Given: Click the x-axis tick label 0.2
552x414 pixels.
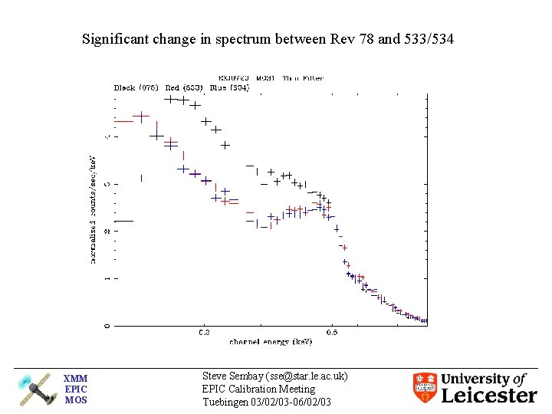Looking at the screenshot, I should (x=204, y=332).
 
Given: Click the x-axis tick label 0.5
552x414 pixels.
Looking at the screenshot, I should (x=331, y=332).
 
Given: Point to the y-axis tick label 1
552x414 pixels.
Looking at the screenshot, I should (x=107, y=278).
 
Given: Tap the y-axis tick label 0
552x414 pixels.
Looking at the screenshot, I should (x=107, y=325).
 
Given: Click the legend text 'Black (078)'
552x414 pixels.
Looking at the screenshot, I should (x=136, y=87).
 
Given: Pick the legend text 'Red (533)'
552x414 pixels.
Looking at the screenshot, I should (x=183, y=87).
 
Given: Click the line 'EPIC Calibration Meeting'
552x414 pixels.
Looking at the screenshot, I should (x=258, y=389).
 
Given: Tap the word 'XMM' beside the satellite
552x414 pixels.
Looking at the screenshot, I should (x=75, y=378).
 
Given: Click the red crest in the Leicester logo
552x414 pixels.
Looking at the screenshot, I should (x=425, y=388).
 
